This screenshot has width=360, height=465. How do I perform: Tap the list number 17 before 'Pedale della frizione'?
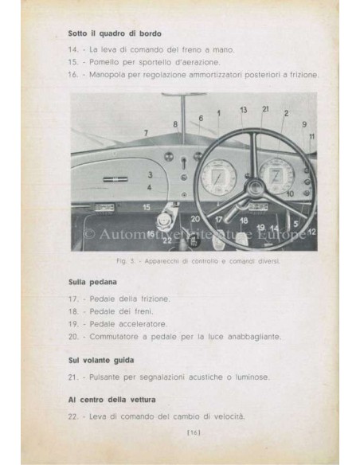[73, 298]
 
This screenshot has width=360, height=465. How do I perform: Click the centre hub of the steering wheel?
[254, 189]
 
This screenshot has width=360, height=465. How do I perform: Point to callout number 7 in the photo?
[145, 131]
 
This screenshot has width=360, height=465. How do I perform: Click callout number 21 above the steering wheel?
[265, 108]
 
